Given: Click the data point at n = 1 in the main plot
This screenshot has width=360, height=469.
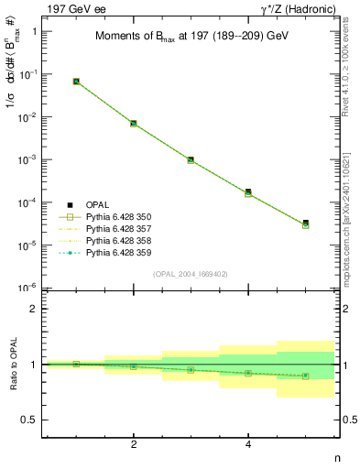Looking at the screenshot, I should click(x=76, y=82).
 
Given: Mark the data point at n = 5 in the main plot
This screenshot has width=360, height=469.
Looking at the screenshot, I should click(x=306, y=224).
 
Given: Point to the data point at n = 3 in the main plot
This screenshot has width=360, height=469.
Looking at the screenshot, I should click(x=191, y=159).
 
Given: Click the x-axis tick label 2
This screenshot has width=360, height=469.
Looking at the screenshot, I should click(x=134, y=444).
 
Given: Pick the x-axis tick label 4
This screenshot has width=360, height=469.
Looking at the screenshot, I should click(x=248, y=444).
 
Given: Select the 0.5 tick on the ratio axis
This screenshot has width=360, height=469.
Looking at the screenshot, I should click(x=30, y=420).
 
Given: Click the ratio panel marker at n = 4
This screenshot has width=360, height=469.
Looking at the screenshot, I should click(x=248, y=373).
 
